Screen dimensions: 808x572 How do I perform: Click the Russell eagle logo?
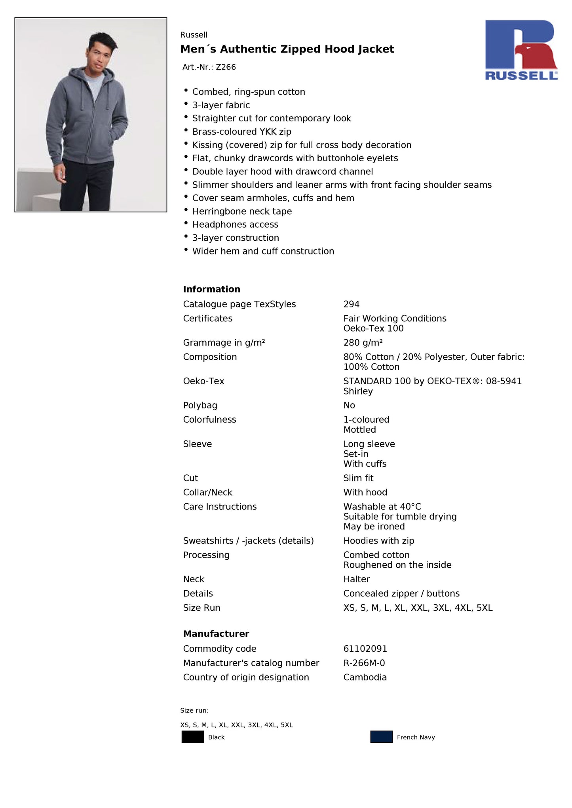(x=521, y=50)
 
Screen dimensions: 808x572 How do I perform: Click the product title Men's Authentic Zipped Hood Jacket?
(x=287, y=49)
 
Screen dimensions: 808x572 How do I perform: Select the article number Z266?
(x=226, y=67)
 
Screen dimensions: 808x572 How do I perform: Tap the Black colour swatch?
(x=193, y=737)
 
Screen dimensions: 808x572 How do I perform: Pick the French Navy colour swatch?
(x=381, y=737)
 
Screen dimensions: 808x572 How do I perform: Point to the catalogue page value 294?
(x=351, y=304)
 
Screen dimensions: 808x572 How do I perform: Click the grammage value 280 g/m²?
(x=363, y=343)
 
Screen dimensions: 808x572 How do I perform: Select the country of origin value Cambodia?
(x=365, y=677)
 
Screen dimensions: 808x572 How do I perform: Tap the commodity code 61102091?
(x=365, y=649)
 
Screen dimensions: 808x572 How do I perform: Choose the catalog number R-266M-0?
(x=364, y=663)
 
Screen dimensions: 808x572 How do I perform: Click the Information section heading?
(x=211, y=289)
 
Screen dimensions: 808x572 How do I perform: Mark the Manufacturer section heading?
(x=216, y=634)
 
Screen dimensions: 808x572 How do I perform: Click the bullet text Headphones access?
(x=235, y=225)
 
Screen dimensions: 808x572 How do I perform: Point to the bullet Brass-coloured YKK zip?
(x=241, y=132)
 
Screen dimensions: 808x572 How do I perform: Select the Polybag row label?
(x=200, y=405)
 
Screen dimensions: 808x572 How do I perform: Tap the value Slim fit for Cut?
(x=358, y=478)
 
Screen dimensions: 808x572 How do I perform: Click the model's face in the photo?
(x=99, y=55)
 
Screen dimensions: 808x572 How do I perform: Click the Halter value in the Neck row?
(x=356, y=579)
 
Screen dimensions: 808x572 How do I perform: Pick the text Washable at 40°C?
(x=382, y=506)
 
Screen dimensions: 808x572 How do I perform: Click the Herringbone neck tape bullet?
(x=242, y=211)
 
